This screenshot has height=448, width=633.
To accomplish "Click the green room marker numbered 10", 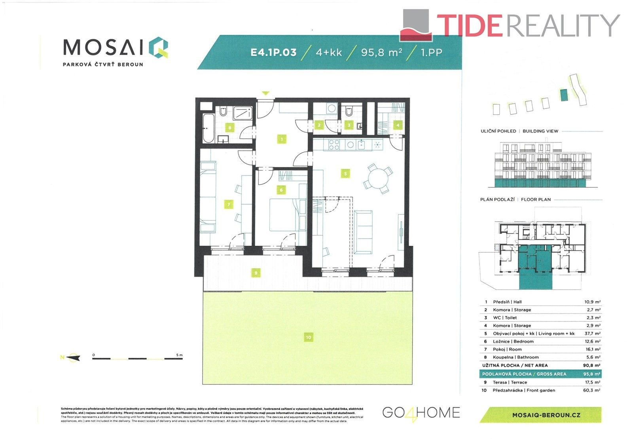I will pos(308,337).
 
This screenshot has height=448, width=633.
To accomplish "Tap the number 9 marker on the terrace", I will pos(256,273).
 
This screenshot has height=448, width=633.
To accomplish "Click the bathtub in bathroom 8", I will pos(208,128).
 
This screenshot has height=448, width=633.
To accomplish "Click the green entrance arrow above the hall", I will pos(265,93).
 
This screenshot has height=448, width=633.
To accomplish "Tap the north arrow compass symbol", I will pos(73,358).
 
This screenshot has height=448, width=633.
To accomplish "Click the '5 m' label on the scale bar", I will pos(179,355).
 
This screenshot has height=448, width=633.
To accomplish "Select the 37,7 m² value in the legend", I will pos(592,334).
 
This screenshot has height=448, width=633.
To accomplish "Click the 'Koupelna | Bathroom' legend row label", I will pos(515,357).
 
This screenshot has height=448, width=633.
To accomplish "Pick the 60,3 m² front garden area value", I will pos(592,390).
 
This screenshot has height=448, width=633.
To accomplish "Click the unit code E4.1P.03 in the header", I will pos(273,52).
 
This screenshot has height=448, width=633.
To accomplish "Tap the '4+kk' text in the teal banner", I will pos(329,52).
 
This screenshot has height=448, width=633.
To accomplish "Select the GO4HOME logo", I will pos(421,413).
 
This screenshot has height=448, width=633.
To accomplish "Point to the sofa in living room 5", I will pos(363,232).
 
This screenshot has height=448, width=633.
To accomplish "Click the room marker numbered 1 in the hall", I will pos(282,139).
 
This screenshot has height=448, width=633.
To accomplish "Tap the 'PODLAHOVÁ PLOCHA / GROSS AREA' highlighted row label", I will pos(524,374).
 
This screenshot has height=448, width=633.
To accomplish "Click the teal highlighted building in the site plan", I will pos(564,95).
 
